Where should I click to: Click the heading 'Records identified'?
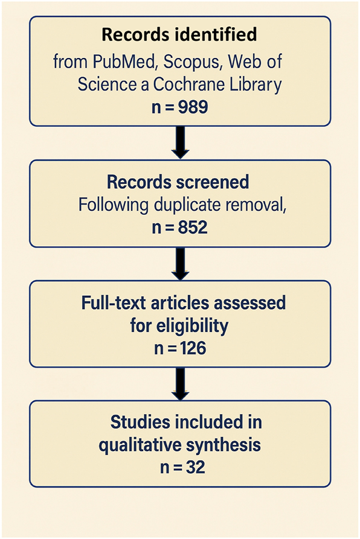tap(179, 35)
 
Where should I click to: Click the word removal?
tap(255, 205)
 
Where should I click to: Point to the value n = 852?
tap(180, 228)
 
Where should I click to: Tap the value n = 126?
tap(180, 348)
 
